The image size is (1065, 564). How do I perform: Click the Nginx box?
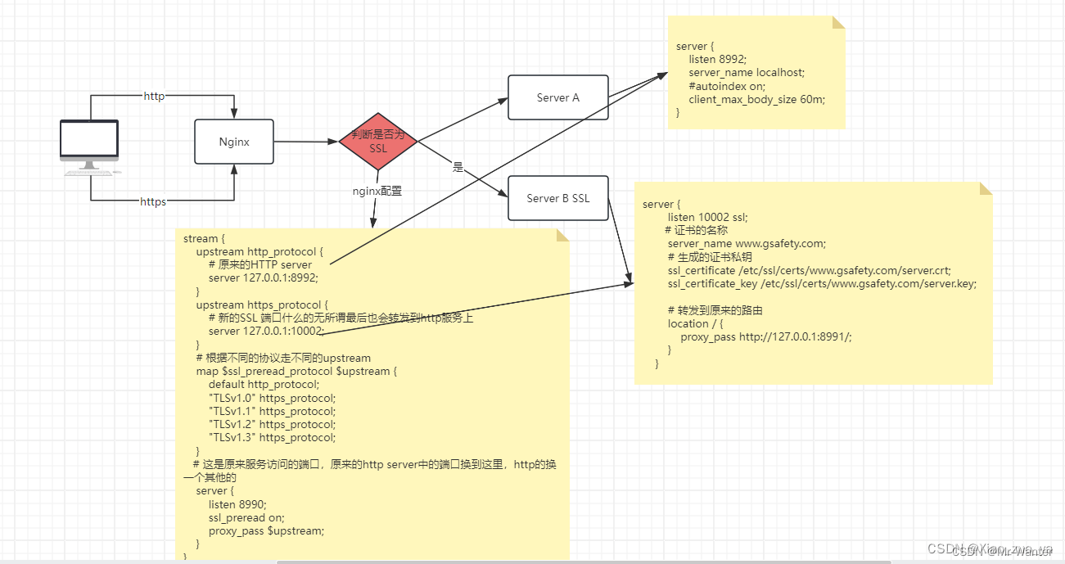234,142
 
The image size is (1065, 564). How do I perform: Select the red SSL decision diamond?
377,142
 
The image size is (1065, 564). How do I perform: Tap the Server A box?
557,97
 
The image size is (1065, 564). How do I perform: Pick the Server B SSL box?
557,198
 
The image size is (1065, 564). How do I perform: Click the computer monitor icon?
89,145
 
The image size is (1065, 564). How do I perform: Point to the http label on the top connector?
154,96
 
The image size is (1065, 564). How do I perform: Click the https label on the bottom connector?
153,201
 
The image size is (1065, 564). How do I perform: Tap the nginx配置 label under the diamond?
377,191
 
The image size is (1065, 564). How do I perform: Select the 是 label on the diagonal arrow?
458,167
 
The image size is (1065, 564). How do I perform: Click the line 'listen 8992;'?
718,60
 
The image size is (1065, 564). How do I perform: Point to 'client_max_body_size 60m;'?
756,99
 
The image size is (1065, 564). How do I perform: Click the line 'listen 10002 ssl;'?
707,217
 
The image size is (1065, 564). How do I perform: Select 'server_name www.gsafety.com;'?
747,243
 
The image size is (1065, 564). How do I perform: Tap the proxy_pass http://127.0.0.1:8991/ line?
765,336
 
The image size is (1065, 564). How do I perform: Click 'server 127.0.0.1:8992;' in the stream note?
259,277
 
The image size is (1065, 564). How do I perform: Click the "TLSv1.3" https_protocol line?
272,437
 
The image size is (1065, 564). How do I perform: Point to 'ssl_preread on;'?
246,517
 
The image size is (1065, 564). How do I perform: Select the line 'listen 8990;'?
237,504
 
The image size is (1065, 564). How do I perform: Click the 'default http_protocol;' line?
264,384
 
